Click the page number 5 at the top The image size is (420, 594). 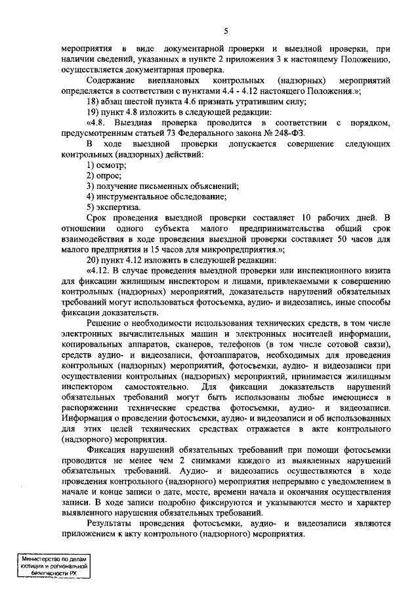pos(225,32)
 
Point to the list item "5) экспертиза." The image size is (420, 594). pos(113,206)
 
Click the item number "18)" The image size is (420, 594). pos(93,102)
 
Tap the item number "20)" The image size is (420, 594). pos(93,258)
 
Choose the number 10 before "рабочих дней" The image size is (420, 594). pos(308,217)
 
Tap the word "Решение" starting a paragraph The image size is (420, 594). pos(106,324)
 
